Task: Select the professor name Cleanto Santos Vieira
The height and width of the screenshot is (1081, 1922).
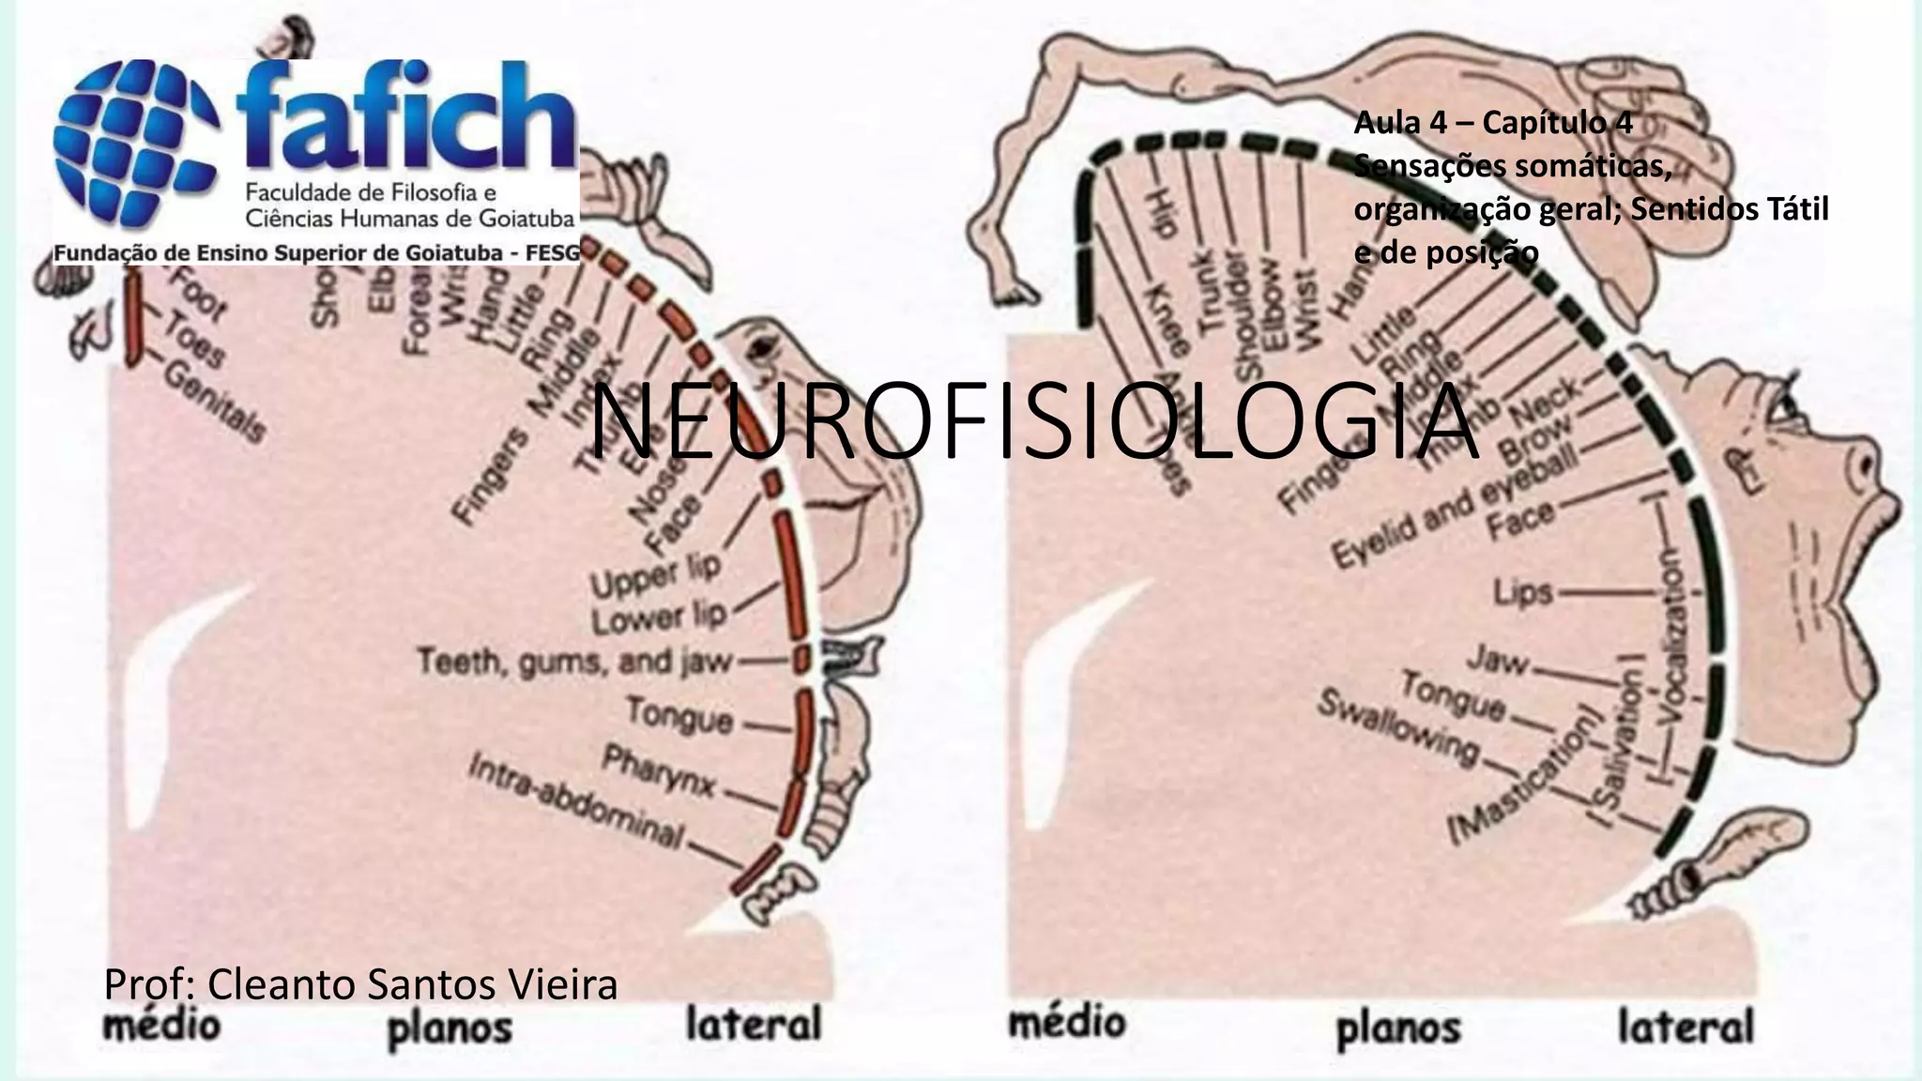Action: click(360, 984)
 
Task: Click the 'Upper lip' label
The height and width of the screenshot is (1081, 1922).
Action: click(656, 573)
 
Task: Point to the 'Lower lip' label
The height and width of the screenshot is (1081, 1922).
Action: click(659, 617)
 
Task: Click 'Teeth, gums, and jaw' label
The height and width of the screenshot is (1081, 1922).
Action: click(574, 662)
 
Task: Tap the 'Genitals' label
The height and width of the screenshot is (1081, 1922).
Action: click(215, 401)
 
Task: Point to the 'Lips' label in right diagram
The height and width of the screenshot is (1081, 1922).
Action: click(1523, 593)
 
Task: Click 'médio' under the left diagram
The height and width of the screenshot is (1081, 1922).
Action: click(160, 1024)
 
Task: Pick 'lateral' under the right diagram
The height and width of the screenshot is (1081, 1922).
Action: click(1686, 1027)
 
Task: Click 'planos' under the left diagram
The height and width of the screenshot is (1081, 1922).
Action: click(450, 1028)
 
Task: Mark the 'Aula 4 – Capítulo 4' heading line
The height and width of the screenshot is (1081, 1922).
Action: click(1493, 123)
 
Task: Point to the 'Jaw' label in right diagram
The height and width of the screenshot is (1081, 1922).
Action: click(1498, 661)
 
